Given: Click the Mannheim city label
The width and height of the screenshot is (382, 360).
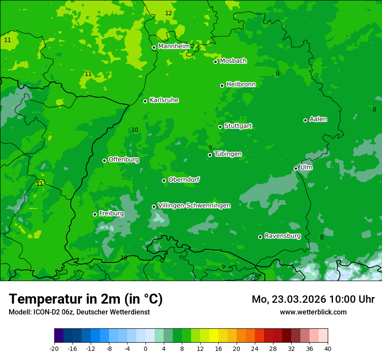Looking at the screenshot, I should coord(174,46).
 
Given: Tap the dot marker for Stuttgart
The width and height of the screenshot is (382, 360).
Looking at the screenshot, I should coord(221,127).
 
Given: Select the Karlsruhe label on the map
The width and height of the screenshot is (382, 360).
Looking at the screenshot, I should coord(164,100).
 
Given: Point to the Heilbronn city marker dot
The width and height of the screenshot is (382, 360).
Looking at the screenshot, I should coord(222,85).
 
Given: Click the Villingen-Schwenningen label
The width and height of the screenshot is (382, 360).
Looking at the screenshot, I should coord(194,206).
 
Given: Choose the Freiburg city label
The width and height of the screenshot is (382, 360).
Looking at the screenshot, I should coord(111,213).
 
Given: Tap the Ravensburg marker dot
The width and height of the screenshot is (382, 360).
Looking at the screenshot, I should coord(260,237).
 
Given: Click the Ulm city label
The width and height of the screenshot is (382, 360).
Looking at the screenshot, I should coord(306,167).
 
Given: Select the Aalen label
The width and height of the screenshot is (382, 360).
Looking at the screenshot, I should coord(318,119).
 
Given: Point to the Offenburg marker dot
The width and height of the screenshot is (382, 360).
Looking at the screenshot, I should coord(105,160).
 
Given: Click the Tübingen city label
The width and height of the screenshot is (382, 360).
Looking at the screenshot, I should coord(227,154).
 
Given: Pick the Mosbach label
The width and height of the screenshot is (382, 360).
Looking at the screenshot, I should coord(233,61).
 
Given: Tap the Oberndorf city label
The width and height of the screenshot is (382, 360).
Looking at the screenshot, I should coord(184,180).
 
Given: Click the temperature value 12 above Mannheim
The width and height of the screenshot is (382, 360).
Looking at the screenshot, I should coord(168,13).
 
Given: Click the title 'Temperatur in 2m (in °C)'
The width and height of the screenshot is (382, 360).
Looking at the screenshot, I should coord(86,299).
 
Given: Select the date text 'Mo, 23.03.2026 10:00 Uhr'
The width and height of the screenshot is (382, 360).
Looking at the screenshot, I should coord(313,299).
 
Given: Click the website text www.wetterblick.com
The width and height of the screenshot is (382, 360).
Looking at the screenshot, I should coord(313,312).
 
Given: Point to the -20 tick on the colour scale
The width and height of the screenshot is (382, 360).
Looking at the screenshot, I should coord(54,348).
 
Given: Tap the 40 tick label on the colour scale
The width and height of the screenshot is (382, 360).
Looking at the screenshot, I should coord(327,348).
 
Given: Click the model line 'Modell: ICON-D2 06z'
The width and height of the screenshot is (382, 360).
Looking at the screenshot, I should coord(79,312).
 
